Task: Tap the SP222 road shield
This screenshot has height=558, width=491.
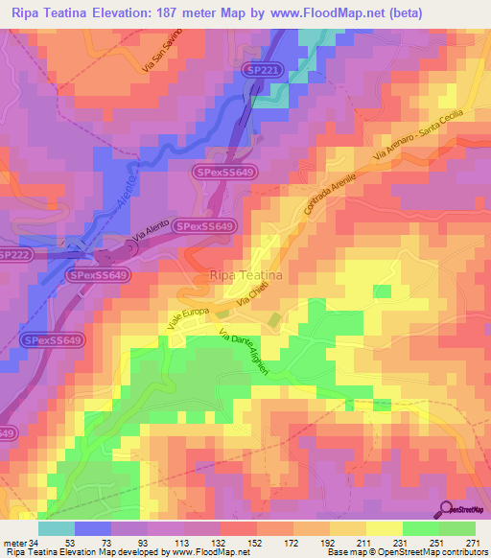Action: click(14, 254)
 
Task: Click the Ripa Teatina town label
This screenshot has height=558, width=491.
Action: click(245, 275)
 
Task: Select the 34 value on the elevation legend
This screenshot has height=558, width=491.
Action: click(38, 543)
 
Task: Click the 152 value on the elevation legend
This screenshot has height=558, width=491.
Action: click(257, 543)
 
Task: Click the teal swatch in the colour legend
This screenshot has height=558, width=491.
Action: click(57, 527)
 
